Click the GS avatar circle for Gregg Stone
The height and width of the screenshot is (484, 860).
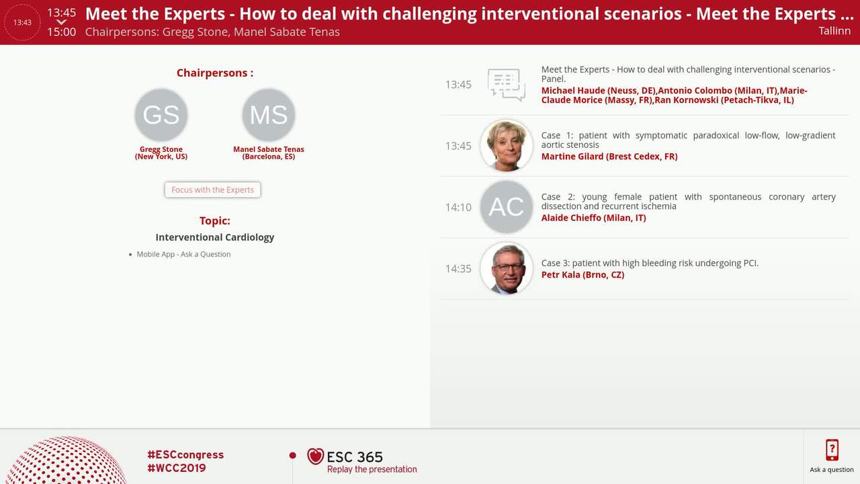click(161, 115)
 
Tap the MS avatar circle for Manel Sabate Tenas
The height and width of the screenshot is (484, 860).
click(269, 115)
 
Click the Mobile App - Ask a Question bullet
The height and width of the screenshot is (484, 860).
click(183, 254)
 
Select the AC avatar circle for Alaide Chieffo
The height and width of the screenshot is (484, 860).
click(507, 207)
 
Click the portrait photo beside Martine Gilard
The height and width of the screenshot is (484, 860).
click(507, 145)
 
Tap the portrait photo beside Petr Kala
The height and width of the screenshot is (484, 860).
click(507, 268)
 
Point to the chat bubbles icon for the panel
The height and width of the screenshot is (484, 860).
click(506, 85)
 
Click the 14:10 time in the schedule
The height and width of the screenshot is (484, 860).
click(458, 207)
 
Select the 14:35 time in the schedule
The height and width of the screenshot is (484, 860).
click(458, 268)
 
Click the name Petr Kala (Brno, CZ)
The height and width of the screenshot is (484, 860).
click(583, 274)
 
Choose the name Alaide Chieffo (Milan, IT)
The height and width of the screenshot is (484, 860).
click(593, 218)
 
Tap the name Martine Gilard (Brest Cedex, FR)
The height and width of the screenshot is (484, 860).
click(609, 156)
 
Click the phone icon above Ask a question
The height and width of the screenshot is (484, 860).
click(832, 450)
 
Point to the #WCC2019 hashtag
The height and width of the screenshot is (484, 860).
click(177, 468)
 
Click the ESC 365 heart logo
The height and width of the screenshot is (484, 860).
click(315, 456)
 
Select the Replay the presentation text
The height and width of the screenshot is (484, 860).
click(372, 469)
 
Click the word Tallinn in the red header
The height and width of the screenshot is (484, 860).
click(834, 30)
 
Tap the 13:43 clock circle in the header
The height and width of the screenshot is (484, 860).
click(22, 22)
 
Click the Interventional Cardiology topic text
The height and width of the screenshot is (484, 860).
click(215, 237)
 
